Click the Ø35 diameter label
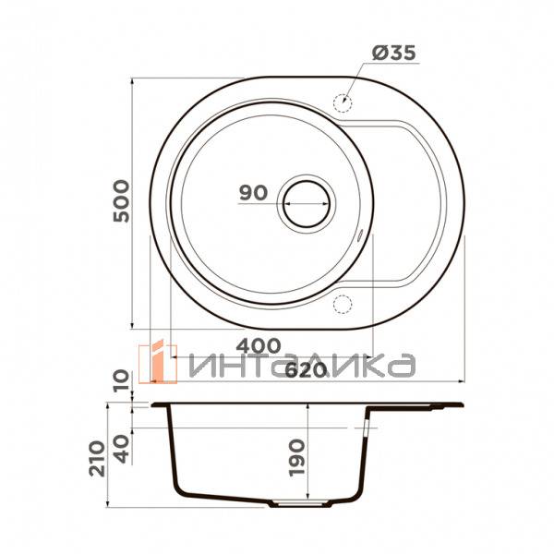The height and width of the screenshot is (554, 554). click(393, 53)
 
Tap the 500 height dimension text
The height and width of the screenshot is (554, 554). click(122, 200)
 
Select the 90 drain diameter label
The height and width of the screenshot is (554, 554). click(253, 193)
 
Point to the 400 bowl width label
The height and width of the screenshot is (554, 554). click(259, 345)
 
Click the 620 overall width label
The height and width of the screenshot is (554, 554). click(305, 370)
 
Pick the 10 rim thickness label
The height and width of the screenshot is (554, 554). click(122, 380)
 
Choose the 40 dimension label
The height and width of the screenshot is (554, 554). click(122, 449)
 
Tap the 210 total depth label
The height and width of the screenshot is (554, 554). click(97, 459)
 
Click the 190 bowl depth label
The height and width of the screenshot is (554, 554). click(296, 458)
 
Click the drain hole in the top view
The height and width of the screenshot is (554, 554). click(307, 204)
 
